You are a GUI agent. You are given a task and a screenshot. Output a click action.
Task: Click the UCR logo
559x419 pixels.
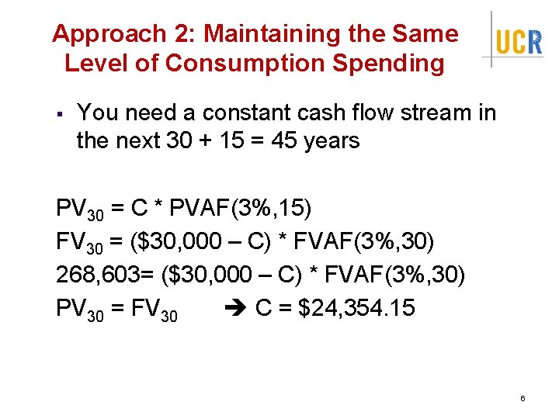tap(519, 40)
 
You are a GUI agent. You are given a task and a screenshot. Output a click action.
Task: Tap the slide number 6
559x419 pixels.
tap(523, 398)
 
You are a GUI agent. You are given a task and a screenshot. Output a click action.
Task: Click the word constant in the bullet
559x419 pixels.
tap(245, 113)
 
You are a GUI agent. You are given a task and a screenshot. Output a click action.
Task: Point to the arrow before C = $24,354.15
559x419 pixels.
tap(235, 309)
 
